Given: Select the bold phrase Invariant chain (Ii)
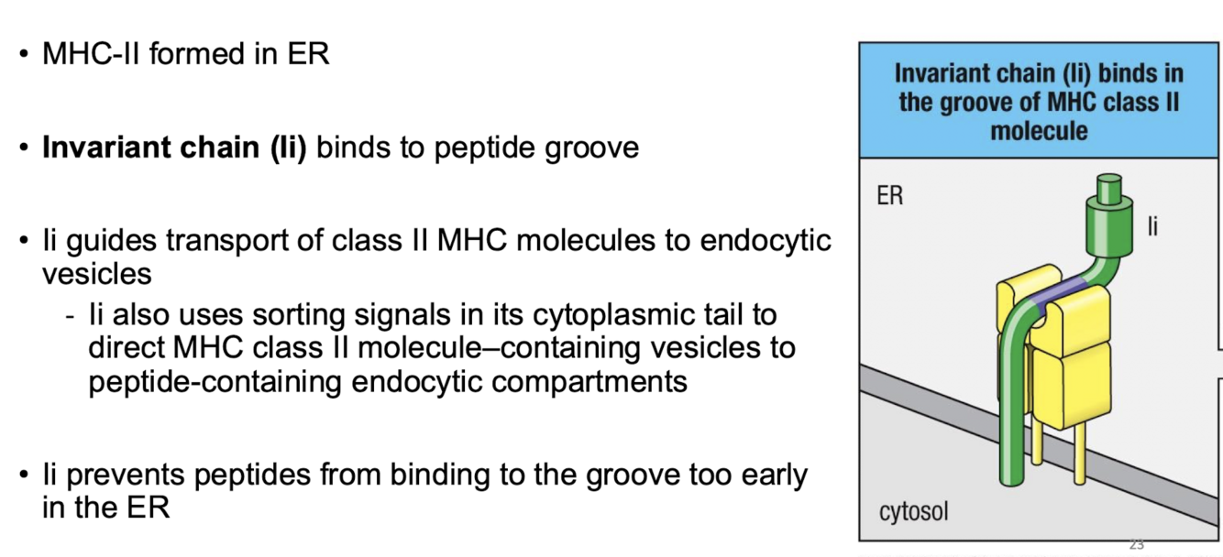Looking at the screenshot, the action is [174, 147].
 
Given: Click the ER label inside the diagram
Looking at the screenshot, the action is [889, 195].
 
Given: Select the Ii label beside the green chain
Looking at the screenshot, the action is [1151, 225].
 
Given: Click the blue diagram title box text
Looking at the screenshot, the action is [1039, 101].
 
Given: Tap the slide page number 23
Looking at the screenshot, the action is [1137, 545].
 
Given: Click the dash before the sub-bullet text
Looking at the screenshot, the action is [71, 316].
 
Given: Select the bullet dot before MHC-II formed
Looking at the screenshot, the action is [25, 55].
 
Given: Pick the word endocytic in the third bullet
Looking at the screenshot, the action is [766, 242].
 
